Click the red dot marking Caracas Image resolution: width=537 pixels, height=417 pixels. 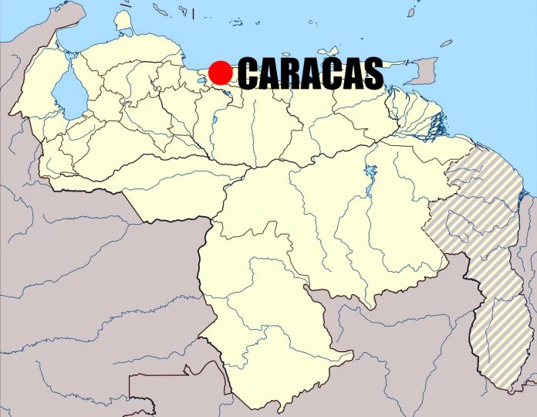pos(221,73)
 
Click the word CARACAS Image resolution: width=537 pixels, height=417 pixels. pos(310,74)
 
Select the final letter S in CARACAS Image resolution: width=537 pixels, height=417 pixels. pos(372,74)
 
